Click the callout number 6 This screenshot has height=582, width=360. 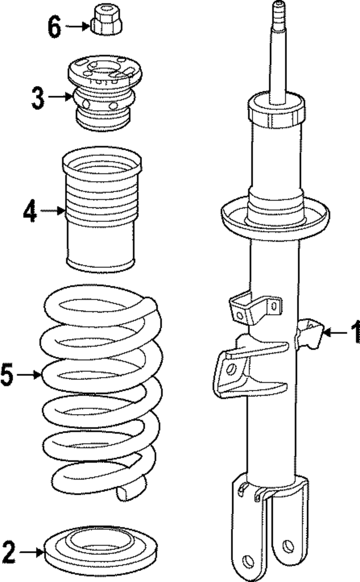53,26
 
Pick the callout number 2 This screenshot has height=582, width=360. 8,552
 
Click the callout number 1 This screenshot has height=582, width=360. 354,333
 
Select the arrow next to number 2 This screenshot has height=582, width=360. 31,552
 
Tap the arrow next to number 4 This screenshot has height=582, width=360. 53,211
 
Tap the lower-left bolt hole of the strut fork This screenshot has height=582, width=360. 248,559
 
